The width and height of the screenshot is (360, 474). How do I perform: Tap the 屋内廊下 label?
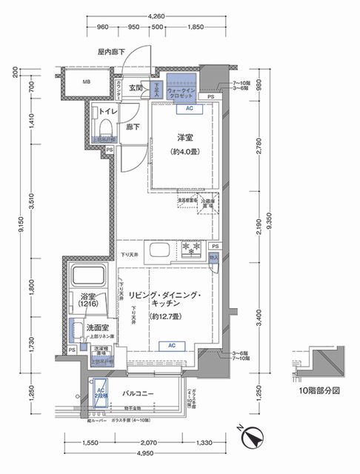(112, 52)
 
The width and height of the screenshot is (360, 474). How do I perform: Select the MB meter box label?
(86, 83)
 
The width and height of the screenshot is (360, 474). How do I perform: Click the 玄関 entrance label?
(136, 88)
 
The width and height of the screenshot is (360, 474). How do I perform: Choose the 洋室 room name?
(185, 138)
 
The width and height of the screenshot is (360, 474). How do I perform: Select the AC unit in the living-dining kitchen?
(171, 345)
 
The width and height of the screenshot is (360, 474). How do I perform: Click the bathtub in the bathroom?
(89, 276)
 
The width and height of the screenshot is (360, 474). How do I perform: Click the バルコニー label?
(139, 394)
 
